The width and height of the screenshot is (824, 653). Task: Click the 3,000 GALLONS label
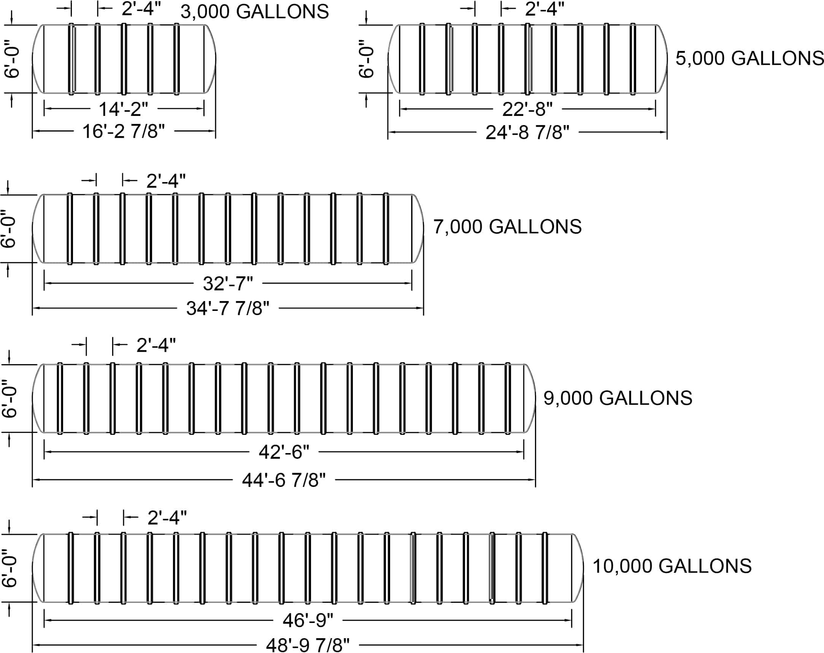pos(254,12)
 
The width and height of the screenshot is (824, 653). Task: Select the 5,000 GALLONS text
pos(749,59)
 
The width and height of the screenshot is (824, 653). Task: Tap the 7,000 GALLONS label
pos(507,227)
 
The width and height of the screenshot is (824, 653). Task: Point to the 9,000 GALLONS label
pos(618,398)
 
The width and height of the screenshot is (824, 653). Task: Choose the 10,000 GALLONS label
pos(672,566)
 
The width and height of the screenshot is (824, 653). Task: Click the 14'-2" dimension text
pos(124,109)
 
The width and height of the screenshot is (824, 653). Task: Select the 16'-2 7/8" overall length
pos(124,132)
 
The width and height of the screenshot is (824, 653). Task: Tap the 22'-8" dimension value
pos(527,110)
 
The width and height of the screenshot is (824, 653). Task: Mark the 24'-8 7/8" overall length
pos(527,133)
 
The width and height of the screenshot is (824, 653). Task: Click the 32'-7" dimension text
pos(228,284)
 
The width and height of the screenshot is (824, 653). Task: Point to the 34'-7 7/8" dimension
pos(228,308)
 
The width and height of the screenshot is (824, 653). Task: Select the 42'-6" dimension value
pos(284,452)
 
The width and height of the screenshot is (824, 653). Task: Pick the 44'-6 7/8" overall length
pos(284,480)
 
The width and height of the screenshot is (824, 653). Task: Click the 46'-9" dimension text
pos(308,620)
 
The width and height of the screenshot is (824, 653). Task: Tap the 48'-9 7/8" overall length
pos(308,645)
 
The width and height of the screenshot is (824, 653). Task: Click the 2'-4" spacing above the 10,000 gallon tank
pos(167,518)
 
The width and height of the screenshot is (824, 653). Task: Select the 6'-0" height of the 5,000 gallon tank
pos(366,59)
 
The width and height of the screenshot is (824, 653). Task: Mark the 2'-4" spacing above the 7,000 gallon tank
pos(166,180)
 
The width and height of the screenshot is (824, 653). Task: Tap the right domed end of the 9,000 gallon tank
pos(530,398)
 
